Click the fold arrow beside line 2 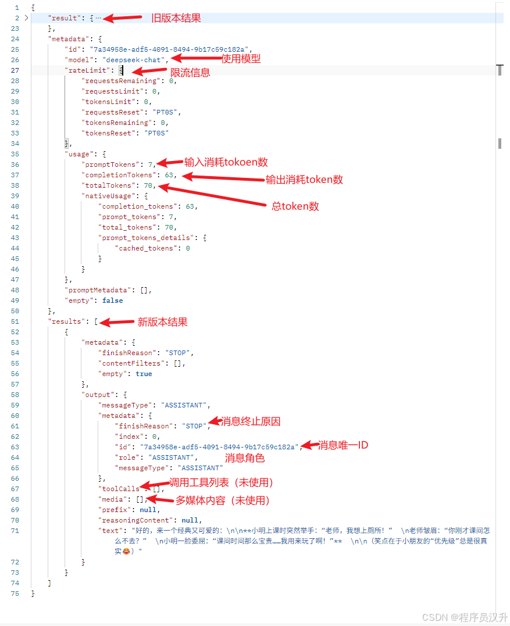[26, 18]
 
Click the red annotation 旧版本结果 [176, 18]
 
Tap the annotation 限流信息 [190, 73]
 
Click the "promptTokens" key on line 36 [110, 164]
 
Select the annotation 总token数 [295, 206]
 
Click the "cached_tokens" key [145, 248]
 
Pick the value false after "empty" [113, 301]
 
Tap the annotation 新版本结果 [162, 322]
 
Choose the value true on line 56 [144, 374]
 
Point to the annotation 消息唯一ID [343, 445]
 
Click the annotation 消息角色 [245, 458]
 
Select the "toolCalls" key [120, 489]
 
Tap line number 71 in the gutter [15, 531]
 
